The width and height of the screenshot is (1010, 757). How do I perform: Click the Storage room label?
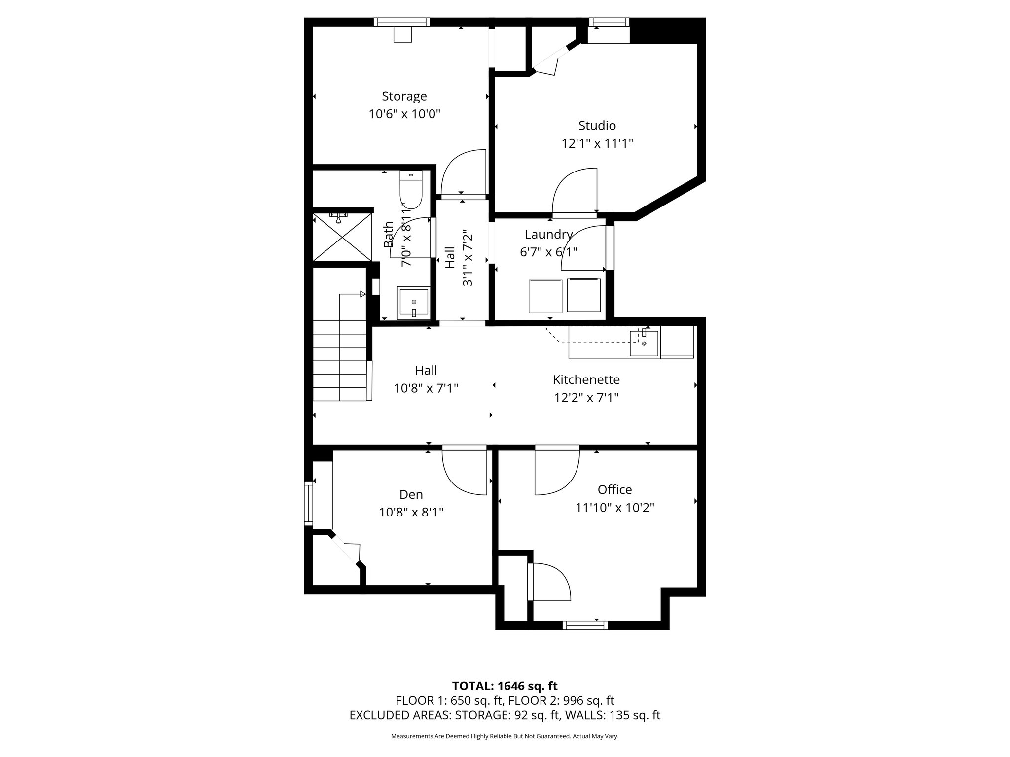[404, 96]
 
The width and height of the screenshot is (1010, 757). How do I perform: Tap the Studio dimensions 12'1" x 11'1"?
[597, 144]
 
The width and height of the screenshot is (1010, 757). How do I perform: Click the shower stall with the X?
[342, 237]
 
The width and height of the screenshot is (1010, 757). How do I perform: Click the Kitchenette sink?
[644, 343]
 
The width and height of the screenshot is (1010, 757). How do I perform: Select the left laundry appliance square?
[545, 296]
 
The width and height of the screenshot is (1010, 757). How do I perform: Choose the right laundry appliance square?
[583, 295]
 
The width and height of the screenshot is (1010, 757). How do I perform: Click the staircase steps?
[340, 360]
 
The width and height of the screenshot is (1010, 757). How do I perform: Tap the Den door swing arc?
[464, 471]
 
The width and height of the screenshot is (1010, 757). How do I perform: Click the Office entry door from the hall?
[556, 471]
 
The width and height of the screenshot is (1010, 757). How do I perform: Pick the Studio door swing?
[575, 192]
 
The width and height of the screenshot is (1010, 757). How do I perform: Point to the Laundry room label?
[548, 235]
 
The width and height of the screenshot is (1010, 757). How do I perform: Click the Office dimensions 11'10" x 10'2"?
[614, 508]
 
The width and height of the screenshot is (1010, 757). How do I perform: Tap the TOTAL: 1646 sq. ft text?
[505, 686]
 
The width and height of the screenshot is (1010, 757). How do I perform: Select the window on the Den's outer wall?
[309, 503]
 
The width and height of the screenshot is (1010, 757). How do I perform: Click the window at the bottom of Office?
[585, 625]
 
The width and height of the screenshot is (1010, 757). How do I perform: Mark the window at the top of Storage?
[401, 22]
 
